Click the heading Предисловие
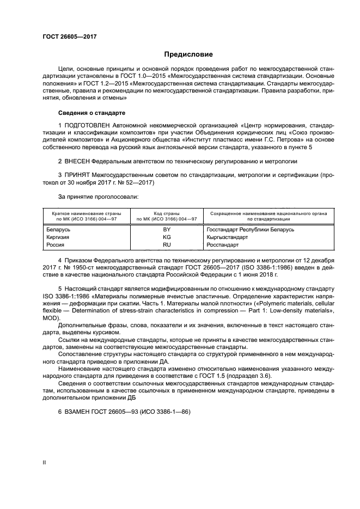[189, 54]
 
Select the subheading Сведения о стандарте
[91, 113]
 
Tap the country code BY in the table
[167, 229]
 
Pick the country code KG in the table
[167, 237]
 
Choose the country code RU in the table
[167, 245]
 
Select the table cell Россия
[56, 245]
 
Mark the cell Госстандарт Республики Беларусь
[251, 229]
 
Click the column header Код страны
[167, 213]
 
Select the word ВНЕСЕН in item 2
[76, 162]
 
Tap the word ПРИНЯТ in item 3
[77, 174]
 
